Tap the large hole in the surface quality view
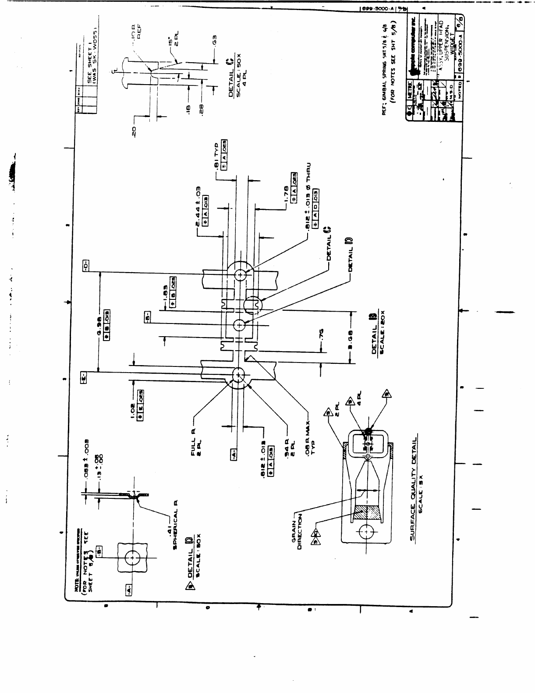pyautogui.click(x=365, y=532)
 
